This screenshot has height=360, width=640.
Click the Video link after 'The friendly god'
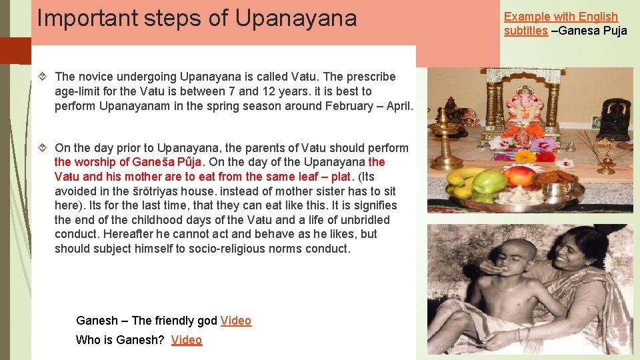(x=236, y=321)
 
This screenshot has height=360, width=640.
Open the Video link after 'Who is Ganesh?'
(x=187, y=340)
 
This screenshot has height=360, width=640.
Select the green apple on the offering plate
(x=489, y=181)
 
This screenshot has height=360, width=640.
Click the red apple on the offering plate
(x=519, y=176)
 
